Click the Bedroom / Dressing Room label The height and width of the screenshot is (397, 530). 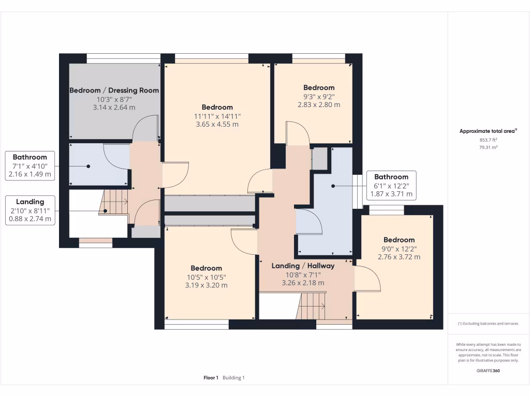(114, 90)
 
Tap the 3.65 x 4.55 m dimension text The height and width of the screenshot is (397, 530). (217, 124)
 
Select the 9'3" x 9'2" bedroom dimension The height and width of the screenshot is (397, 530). (319, 97)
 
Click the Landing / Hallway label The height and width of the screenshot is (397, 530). (303, 266)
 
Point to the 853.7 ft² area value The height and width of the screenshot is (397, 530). (488, 140)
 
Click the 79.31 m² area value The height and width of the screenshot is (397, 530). (488, 147)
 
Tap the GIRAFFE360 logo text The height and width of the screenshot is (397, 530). (488, 371)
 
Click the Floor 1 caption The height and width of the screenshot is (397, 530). (211, 378)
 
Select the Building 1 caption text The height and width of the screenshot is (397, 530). (233, 378)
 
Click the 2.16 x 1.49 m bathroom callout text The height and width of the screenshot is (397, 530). (30, 175)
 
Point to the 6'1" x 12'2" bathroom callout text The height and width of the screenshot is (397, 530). (391, 186)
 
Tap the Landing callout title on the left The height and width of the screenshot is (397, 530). (30, 202)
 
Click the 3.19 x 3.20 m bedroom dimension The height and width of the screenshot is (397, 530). (206, 285)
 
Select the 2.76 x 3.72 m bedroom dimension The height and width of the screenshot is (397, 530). (399, 257)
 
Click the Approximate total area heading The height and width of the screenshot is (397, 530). (488, 131)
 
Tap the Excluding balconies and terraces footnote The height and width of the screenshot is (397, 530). (488, 324)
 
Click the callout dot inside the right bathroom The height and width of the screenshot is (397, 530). (333, 186)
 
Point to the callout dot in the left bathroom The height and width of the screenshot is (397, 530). (88, 166)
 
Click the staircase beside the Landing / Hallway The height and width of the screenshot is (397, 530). (311, 306)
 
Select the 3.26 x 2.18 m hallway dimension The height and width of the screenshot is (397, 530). (303, 283)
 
